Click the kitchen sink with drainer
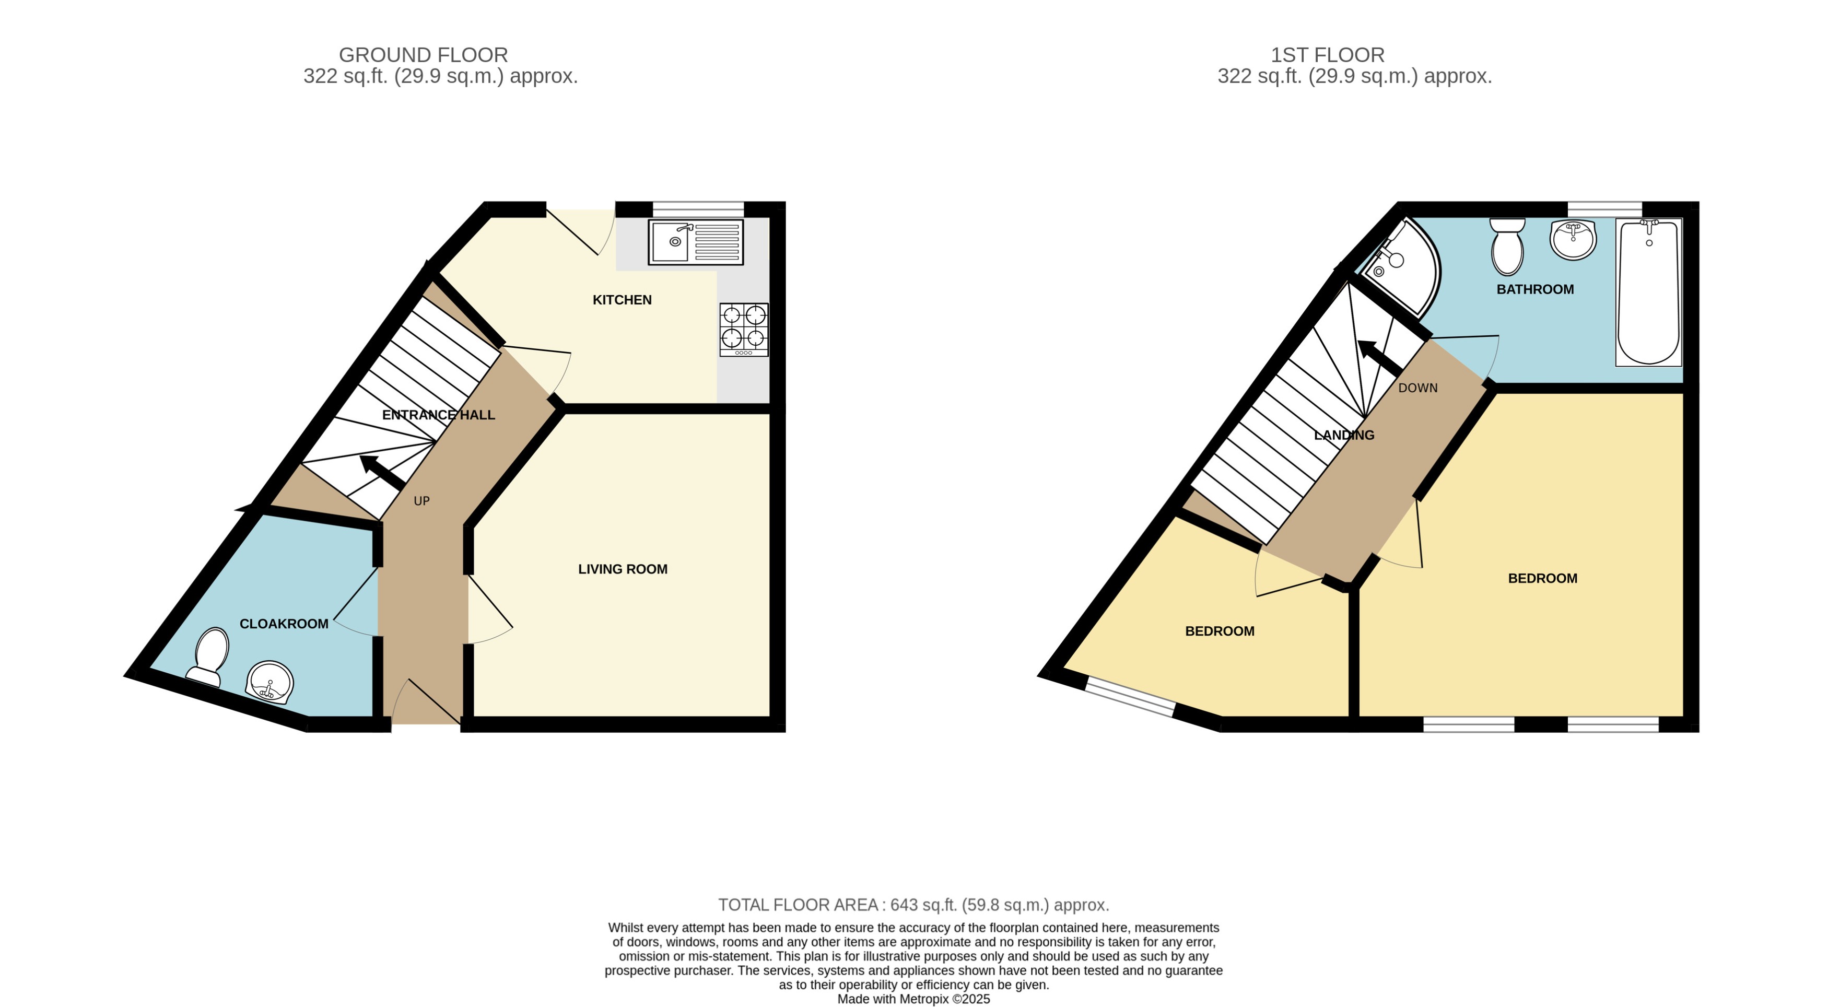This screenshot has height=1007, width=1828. pos(696,242)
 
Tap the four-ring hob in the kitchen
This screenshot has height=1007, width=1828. pos(744,329)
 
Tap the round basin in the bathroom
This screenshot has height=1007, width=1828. pos(1573,239)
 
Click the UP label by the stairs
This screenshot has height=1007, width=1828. pos(421,501)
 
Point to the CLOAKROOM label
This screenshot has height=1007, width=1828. pos(284,624)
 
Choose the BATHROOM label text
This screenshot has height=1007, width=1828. pos(1535,289)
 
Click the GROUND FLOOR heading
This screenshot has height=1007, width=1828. pos(423,55)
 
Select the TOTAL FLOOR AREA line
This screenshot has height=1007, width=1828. pos(913,905)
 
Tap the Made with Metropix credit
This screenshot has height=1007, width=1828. pos(913,999)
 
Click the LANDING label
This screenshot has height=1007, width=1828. pos(1344,435)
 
